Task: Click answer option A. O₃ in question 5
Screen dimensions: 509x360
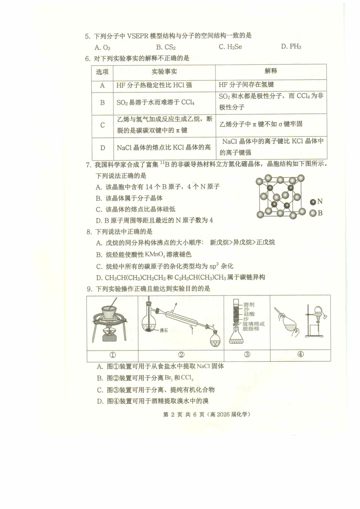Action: pos(102,47)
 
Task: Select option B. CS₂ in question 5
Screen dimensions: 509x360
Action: pos(166,47)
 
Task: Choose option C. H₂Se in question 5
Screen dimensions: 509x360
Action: pos(230,47)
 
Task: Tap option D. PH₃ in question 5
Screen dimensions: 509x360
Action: pos(291,47)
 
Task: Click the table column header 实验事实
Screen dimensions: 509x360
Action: pos(164,72)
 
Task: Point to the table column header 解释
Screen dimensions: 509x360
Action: pos(271,71)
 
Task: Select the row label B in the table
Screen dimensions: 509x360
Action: pos(102,103)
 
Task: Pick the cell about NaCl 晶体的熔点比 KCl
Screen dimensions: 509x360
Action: pos(164,147)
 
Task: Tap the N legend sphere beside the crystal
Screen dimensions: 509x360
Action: pos(313,202)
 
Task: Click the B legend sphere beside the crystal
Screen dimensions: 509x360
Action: pos(313,213)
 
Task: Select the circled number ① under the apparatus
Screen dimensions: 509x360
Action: pos(113,355)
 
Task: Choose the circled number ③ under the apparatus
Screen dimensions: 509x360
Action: pos(247,354)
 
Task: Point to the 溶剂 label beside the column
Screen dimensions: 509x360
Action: pos(249,304)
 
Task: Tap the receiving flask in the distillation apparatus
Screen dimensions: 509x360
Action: pos(214,339)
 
